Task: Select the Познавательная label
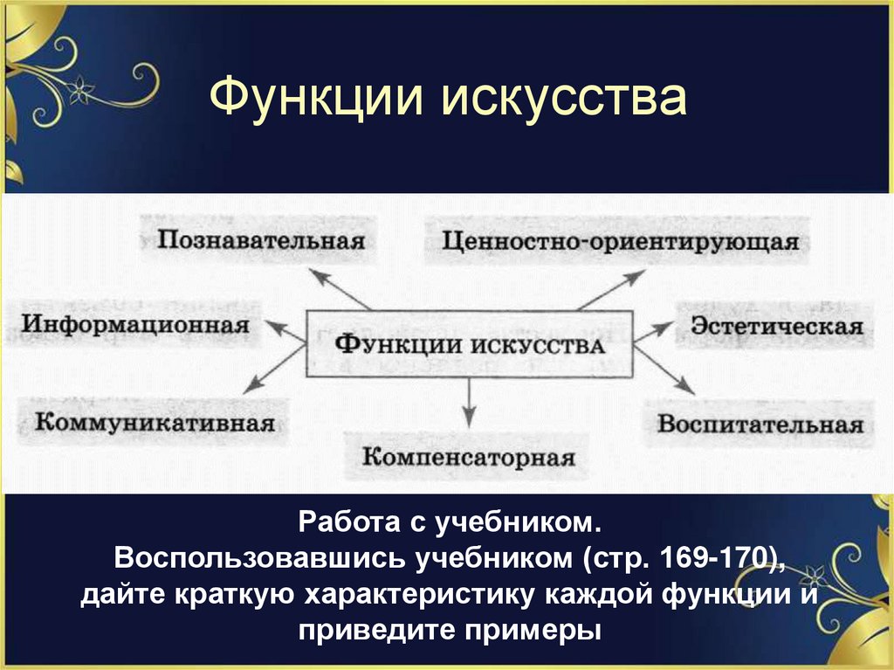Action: tap(260, 239)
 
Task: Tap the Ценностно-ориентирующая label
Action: tap(620, 241)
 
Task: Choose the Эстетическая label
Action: tap(776, 327)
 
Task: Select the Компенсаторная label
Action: tap(469, 457)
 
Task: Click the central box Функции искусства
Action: tap(470, 342)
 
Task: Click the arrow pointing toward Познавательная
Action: tap(340, 289)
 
